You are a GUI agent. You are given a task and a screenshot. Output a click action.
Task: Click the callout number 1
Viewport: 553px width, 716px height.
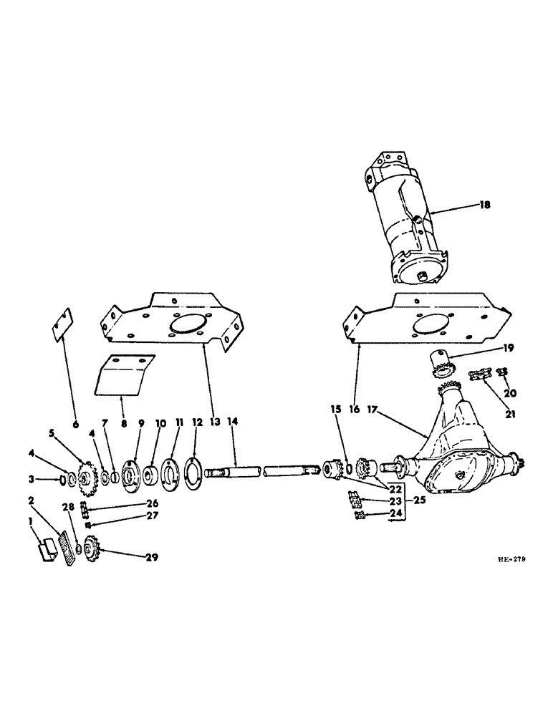tap(30, 523)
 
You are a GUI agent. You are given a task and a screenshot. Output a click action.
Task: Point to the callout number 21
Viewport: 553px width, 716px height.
tap(494, 413)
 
